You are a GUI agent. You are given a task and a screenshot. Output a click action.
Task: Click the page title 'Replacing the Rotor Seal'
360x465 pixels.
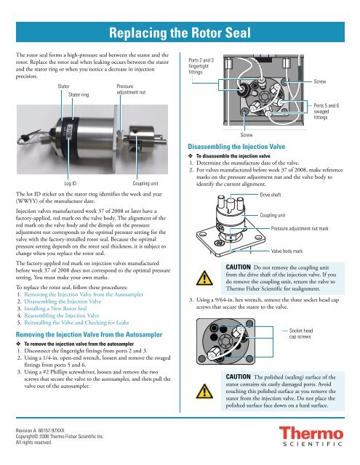point(180,32)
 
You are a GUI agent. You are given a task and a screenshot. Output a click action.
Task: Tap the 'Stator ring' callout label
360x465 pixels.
point(79,94)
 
